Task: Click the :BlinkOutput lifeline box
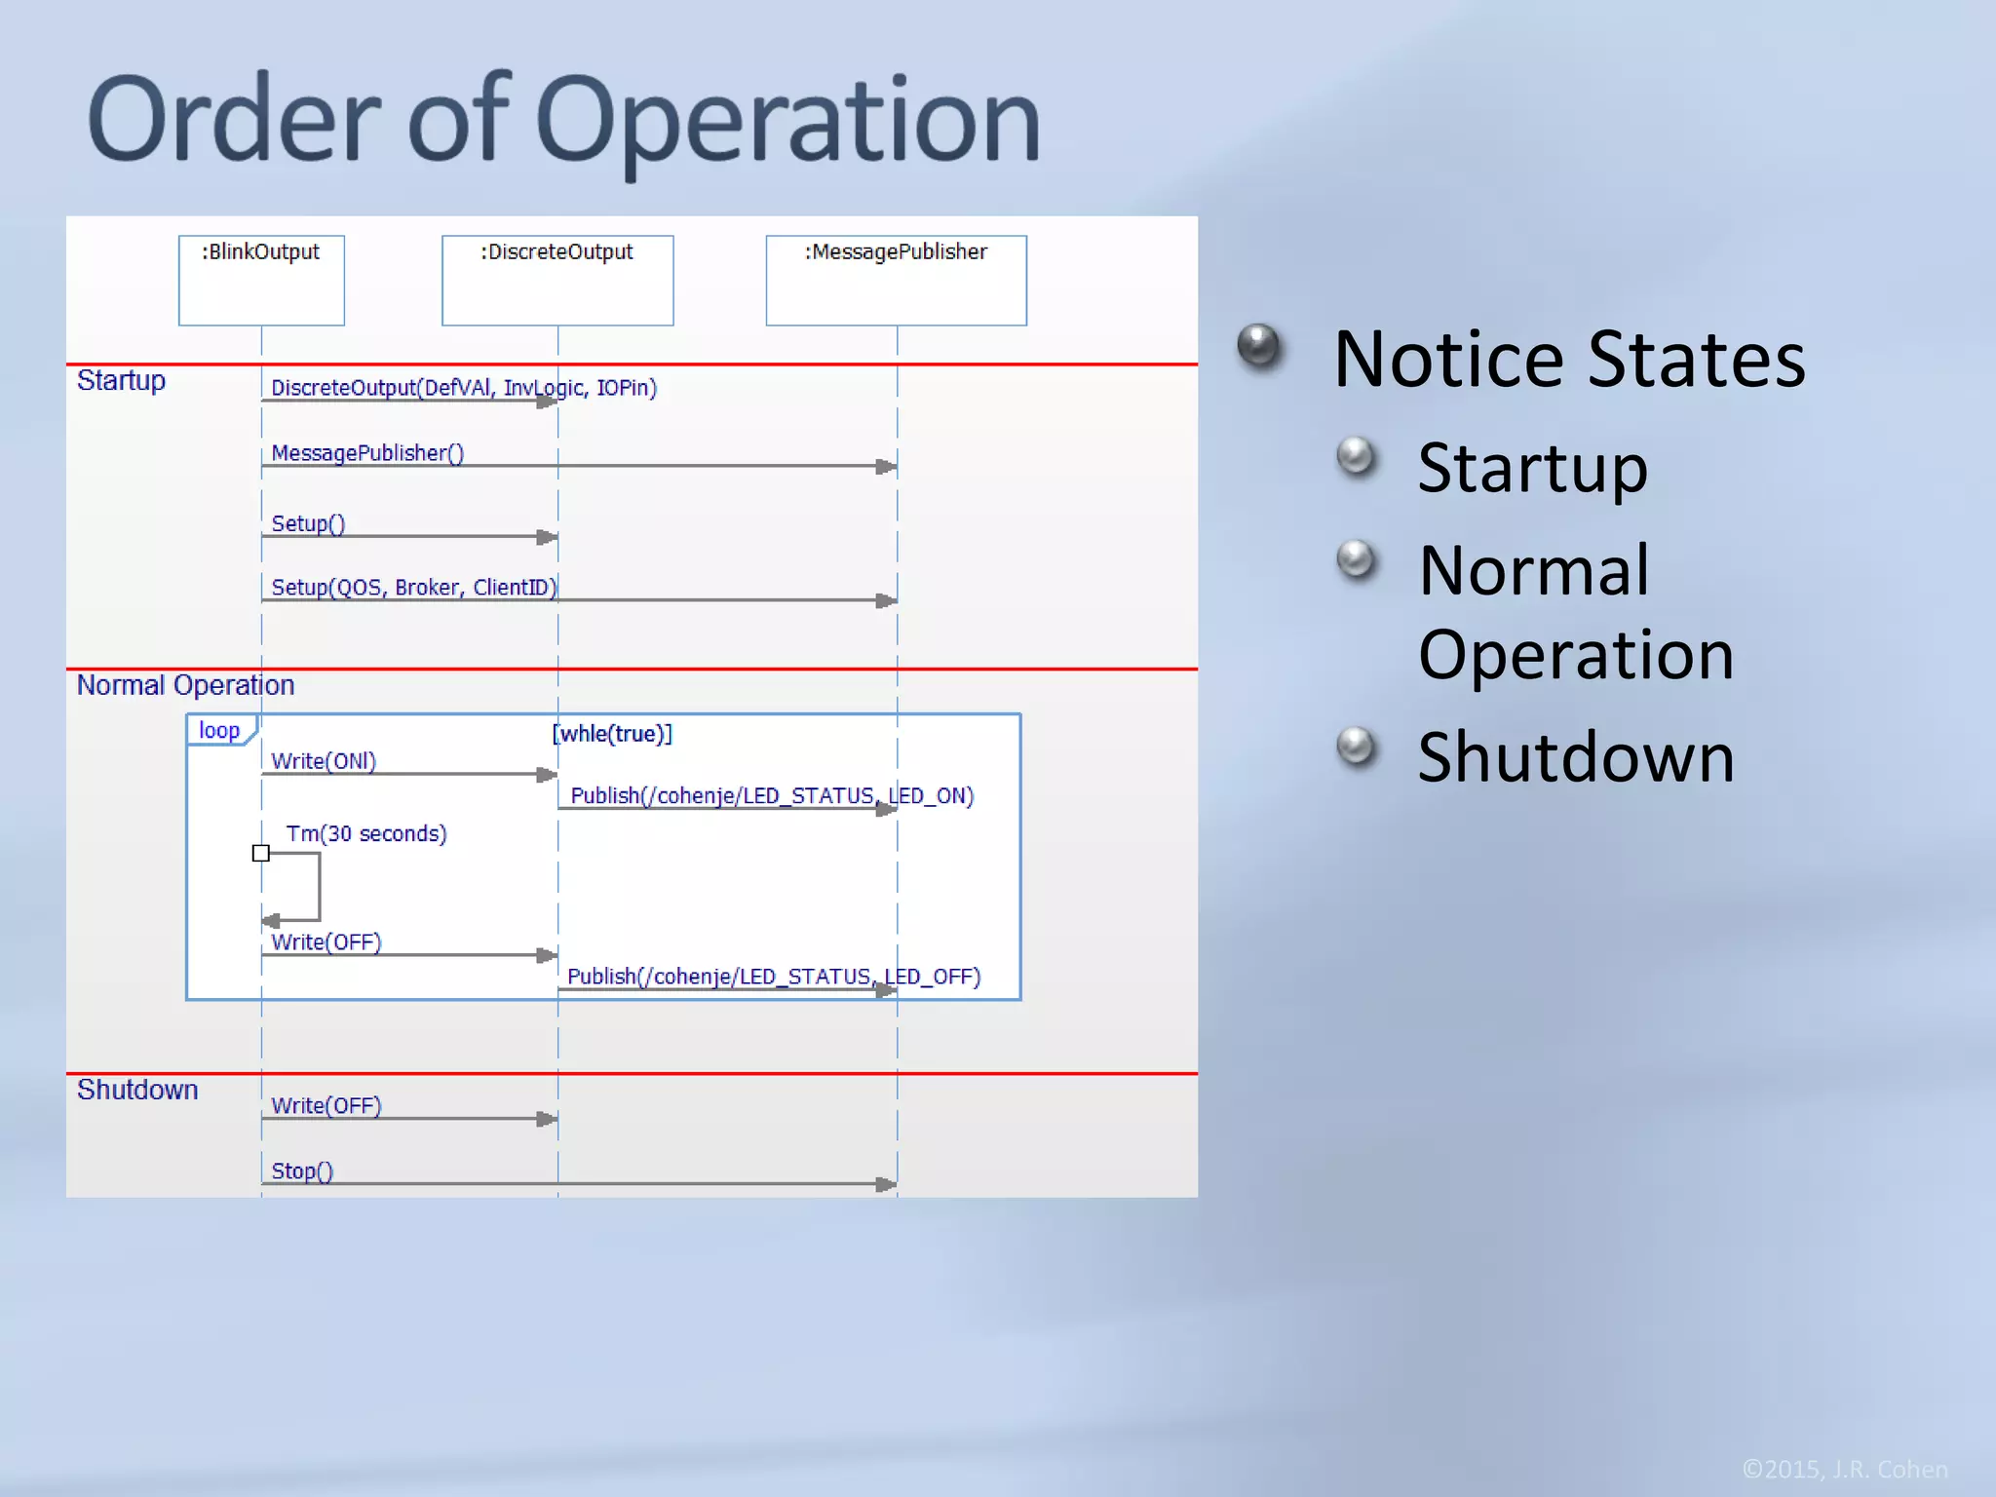[x=261, y=280]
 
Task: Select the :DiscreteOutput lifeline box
[x=557, y=280]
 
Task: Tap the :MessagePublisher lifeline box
[x=896, y=280]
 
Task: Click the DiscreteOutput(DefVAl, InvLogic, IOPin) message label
[x=464, y=388]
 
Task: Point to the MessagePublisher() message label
[x=367, y=453]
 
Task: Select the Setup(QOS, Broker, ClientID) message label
[x=413, y=588]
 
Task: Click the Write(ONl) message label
[x=324, y=761]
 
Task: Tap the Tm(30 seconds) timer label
[x=366, y=834]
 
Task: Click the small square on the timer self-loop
[x=261, y=854]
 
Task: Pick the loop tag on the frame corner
[x=219, y=731]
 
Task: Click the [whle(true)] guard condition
[x=612, y=734]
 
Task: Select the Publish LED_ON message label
[x=772, y=796]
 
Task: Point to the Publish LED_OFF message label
[x=774, y=977]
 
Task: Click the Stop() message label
[x=302, y=1171]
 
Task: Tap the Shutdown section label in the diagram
[x=137, y=1090]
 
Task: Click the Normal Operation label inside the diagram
[x=185, y=685]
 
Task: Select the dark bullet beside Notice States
[x=1258, y=346]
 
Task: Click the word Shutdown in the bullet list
[x=1576, y=756]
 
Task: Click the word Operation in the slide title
[x=787, y=122]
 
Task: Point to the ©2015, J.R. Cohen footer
[x=1844, y=1469]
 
